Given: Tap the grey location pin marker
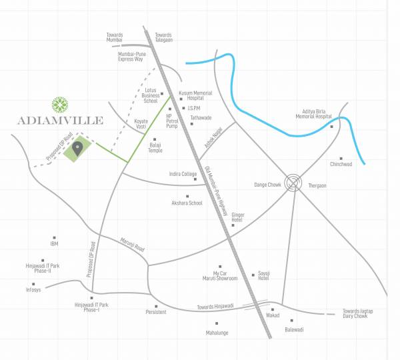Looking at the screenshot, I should tap(77, 149).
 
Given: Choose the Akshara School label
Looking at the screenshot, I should tap(187, 203).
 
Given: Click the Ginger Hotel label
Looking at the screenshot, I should tap(238, 218).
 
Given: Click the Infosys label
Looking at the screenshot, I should tap(33, 290).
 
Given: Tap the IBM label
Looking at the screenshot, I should tap(54, 244).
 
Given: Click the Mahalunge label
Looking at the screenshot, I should tap(217, 332).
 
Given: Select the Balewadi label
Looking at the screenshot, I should tap(294, 329).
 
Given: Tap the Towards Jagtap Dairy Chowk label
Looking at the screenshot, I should tap(364, 313).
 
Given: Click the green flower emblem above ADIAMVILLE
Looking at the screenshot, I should tap(61, 105).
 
